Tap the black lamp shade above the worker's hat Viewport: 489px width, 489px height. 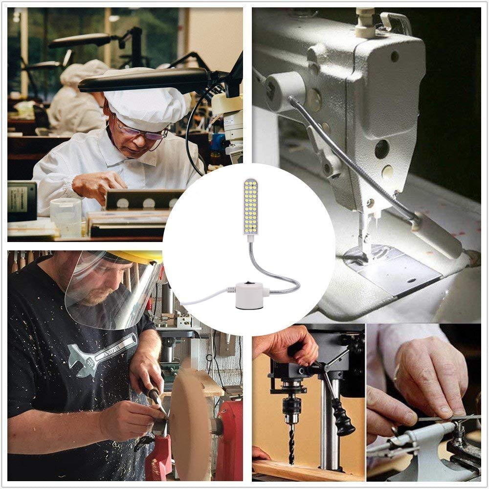click(x=147, y=80)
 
